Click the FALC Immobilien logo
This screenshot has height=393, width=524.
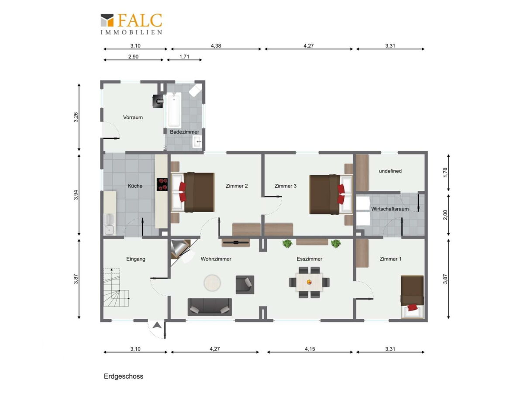coord(131,24)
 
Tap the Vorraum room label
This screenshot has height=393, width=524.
coord(133,117)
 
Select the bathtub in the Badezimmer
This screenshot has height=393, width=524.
coord(174,110)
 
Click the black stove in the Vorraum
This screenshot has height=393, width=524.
coord(158,101)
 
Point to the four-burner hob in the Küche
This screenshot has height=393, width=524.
coord(162,184)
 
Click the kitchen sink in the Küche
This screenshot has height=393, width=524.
coord(110,224)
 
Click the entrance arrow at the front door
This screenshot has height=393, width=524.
coord(157,325)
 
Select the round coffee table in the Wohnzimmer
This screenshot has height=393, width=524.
coord(212,283)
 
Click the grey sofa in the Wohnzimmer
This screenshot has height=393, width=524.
coord(209,307)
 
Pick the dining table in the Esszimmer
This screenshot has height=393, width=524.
coord(309,282)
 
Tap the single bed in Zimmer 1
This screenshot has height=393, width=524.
coord(412,296)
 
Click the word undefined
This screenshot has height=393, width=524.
coord(390,171)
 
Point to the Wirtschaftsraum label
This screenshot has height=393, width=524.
coord(390,209)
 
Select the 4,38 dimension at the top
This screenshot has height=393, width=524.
coord(216,45)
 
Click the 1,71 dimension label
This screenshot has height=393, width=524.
coord(184,57)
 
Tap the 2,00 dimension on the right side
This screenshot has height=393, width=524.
coord(445,215)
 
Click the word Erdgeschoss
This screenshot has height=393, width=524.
coord(124,376)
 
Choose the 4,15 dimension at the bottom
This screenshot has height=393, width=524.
coord(310,349)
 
